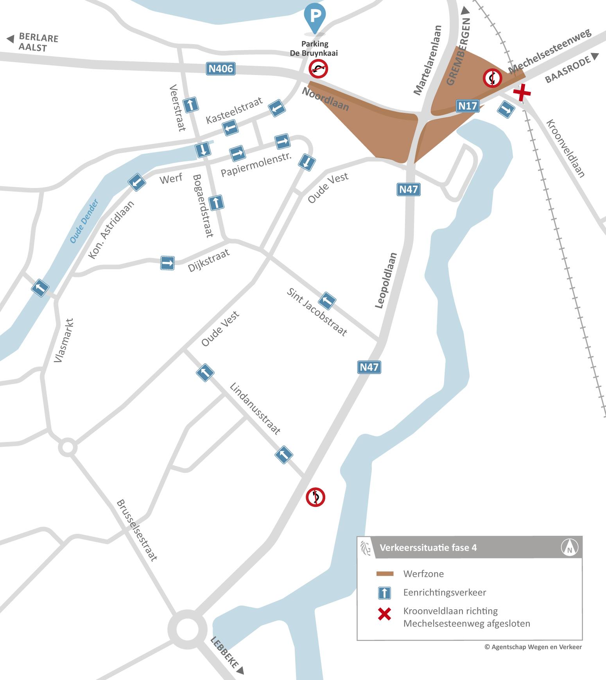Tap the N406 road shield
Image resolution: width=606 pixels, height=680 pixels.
[x=221, y=69]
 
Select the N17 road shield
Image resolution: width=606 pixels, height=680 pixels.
[x=468, y=106]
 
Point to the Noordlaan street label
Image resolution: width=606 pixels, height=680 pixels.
[x=325, y=99]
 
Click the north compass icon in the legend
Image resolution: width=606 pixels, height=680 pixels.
[x=570, y=547]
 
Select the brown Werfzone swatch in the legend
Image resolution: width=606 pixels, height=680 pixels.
[x=385, y=574]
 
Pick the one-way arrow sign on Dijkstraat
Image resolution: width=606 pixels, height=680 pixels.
[x=167, y=263]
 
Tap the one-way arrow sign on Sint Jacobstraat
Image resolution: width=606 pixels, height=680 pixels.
[x=327, y=301]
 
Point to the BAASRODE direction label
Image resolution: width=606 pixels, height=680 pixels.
[x=567, y=70]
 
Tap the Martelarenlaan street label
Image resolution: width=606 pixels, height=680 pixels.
[x=428, y=60]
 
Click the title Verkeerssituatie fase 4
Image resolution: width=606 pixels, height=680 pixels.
[x=428, y=548]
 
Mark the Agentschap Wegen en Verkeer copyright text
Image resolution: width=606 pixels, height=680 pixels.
[x=533, y=647]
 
